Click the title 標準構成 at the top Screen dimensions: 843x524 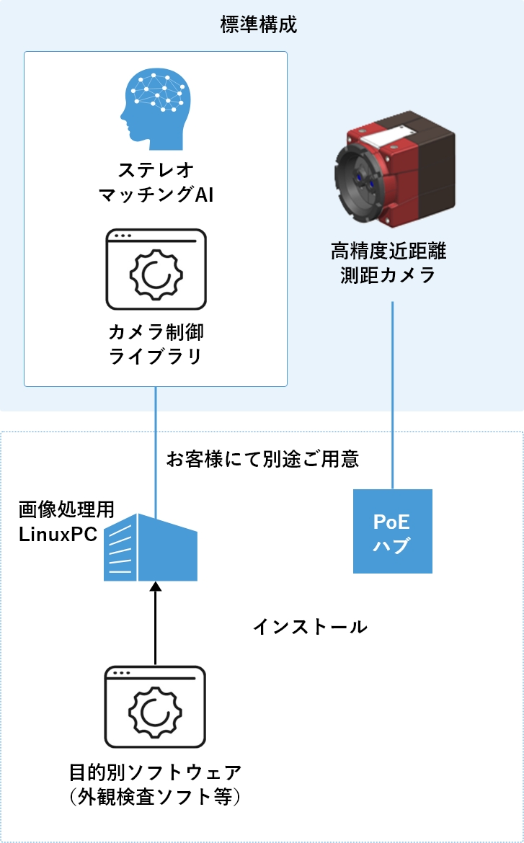(x=259, y=26)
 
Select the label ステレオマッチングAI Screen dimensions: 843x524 (x=156, y=183)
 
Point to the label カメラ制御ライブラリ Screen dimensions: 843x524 (x=156, y=344)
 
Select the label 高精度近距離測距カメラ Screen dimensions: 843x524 (x=388, y=263)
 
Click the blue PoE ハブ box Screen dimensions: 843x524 (x=392, y=531)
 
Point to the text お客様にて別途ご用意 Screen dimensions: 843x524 (x=262, y=459)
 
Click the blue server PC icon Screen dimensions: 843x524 (x=151, y=549)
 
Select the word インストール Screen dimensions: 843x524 (x=310, y=627)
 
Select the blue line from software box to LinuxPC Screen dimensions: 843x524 (x=156, y=447)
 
